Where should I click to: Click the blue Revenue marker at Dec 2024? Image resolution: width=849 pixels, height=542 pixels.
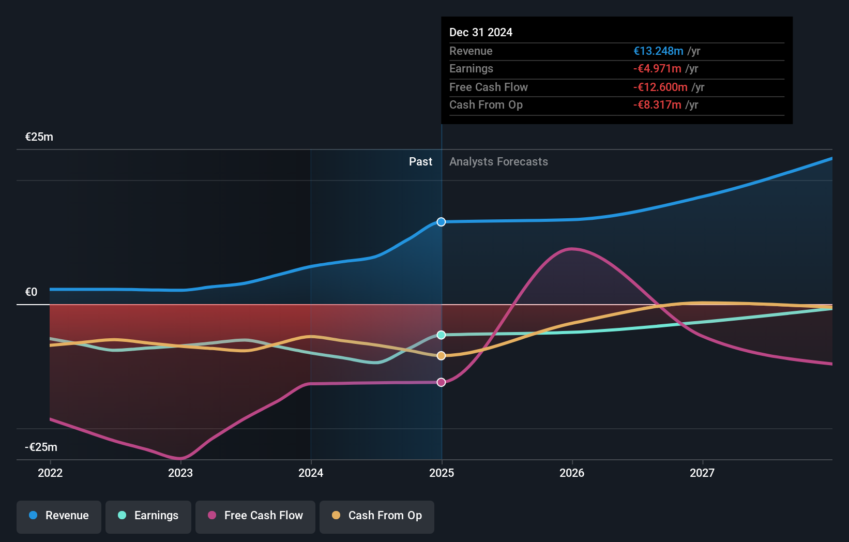pos(441,222)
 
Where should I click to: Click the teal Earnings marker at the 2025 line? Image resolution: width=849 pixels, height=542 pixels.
pos(441,335)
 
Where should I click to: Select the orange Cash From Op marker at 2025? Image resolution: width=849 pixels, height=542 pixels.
pos(441,356)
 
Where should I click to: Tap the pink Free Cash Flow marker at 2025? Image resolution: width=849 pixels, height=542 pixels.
pos(441,382)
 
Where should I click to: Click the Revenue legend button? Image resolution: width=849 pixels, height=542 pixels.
pos(59,516)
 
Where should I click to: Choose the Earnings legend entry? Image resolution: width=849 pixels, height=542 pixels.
pos(148,516)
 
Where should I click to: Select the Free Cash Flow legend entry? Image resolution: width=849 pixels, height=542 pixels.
pos(255,516)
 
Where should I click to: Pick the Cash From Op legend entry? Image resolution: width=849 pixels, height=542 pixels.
pos(377,516)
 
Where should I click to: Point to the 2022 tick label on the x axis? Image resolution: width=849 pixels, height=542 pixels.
pos(50,473)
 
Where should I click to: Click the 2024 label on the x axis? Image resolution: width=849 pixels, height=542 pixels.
pos(311,473)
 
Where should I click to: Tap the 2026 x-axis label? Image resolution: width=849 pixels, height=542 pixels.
pos(572,473)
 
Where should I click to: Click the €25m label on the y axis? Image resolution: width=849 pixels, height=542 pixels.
pos(39,137)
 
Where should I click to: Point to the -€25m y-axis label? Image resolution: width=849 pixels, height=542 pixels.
pos(41,447)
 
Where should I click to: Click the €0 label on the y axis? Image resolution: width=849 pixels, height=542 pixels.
pos(32,292)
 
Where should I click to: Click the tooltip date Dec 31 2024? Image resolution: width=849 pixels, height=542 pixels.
pos(481,32)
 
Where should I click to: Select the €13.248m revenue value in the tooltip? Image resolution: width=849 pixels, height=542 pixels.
pos(658,51)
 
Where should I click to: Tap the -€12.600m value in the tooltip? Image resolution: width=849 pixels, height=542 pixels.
pos(660,87)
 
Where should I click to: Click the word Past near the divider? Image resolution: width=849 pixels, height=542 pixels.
pos(420,162)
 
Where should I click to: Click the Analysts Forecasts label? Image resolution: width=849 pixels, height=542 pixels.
pos(498,162)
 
